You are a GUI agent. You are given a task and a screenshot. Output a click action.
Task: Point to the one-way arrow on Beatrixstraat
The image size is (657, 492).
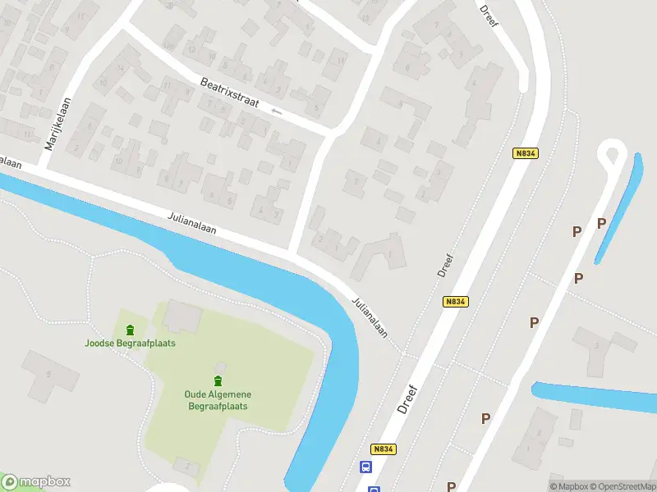coord(277,112)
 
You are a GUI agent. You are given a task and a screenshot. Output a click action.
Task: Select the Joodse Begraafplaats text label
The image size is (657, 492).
coord(130,343)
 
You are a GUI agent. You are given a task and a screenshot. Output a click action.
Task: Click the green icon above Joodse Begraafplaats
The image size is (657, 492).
coord(130,330)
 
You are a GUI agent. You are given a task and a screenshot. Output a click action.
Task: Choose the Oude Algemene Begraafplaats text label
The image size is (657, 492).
coord(218,399)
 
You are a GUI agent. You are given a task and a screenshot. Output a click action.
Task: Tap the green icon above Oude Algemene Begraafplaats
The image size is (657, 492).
coord(218,380)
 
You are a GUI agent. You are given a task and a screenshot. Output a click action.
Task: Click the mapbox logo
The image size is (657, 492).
coord(36,482)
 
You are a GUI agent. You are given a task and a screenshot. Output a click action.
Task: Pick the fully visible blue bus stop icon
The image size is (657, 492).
coord(365,467)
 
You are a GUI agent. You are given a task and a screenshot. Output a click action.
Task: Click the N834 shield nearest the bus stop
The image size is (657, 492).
coord(384,449)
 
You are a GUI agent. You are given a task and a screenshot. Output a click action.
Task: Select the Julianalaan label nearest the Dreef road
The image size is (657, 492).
coord(370,315)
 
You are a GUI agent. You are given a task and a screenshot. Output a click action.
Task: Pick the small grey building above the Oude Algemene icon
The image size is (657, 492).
coord(219,367)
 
